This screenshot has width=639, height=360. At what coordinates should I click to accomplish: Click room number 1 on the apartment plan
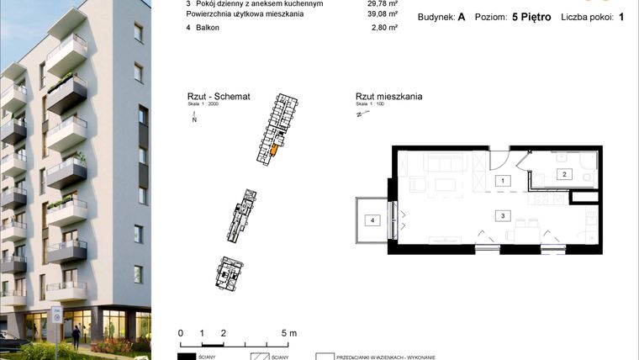503,181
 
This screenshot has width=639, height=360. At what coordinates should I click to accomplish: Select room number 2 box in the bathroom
565,174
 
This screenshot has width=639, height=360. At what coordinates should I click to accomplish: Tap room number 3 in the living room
503,215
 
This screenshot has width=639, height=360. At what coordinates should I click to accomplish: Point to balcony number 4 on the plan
370,220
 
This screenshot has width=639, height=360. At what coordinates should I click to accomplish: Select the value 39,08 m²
382,14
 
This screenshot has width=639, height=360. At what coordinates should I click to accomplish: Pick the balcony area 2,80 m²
383,27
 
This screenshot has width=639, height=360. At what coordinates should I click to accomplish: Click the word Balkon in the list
209,27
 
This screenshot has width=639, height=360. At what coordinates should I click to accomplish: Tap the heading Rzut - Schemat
219,98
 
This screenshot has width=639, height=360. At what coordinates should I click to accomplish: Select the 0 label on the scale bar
181,333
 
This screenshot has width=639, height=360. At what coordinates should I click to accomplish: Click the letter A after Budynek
462,16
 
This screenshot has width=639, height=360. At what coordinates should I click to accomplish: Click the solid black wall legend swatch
193,357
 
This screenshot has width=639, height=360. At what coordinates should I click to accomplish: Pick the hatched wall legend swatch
264,357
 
